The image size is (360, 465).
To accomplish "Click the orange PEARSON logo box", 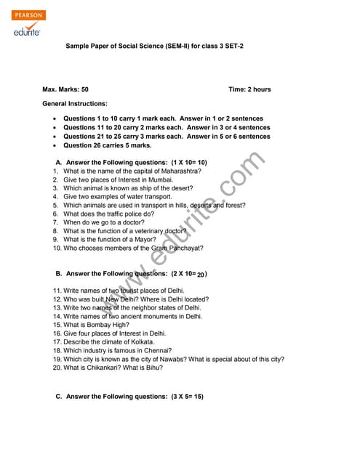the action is point(29,15).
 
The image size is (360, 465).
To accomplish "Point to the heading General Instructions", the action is point(75,104).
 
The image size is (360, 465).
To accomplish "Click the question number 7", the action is point(55,222).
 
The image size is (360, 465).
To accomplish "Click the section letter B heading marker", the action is point(58,274).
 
